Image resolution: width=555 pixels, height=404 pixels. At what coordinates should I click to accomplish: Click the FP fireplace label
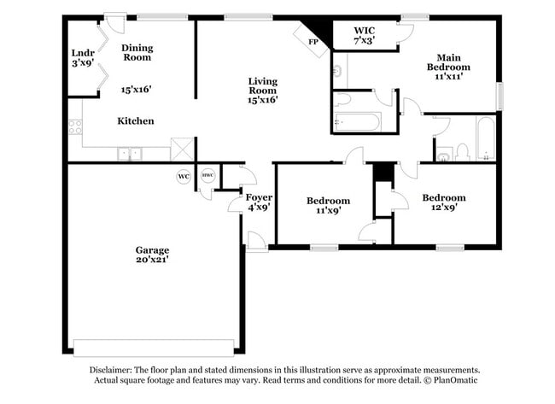tap(313, 42)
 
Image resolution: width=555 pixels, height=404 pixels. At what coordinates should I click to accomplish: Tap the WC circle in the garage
tap(184, 176)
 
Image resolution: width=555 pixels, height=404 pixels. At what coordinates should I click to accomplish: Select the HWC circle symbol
tap(207, 175)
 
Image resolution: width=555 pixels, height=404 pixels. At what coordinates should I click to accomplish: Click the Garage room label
tap(152, 250)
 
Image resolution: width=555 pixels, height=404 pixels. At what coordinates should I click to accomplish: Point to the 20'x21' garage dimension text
tap(152, 260)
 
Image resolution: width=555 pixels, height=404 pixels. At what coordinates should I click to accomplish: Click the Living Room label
tap(263, 86)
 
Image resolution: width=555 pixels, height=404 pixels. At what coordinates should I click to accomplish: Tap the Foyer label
tap(259, 197)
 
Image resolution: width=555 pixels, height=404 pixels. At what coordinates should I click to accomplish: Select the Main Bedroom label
tap(448, 62)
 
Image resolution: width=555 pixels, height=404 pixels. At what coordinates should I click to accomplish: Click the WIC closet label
tap(365, 31)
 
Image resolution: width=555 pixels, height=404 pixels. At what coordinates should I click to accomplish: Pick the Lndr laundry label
tap(83, 53)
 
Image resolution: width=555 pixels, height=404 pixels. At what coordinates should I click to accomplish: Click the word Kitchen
tap(136, 121)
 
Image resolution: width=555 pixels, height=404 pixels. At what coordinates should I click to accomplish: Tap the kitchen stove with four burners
tap(75, 127)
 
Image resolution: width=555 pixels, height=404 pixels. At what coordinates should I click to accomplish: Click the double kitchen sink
tap(130, 154)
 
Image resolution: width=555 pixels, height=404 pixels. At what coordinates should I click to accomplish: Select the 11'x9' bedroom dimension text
tap(329, 210)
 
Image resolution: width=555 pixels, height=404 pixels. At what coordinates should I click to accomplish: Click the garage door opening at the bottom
tap(154, 348)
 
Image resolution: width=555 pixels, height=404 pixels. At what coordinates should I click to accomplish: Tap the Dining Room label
tap(137, 52)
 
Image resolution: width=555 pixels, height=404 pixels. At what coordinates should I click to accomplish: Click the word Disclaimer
tap(111, 370)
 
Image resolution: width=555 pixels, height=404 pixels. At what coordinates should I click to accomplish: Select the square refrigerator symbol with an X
tap(182, 149)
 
